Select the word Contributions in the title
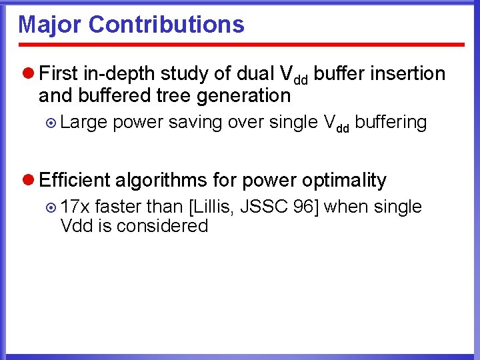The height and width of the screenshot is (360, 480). coord(166,25)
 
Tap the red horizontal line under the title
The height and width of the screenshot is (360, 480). coord(240,45)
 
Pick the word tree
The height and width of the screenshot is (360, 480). coord(175,95)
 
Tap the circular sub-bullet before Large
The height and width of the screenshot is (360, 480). coord(52,123)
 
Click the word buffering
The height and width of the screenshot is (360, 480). coord(391,122)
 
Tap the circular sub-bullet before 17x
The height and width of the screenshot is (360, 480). coord(52,207)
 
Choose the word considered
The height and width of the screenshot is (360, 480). coord(162,226)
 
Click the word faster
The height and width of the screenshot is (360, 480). coord(117,207)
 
